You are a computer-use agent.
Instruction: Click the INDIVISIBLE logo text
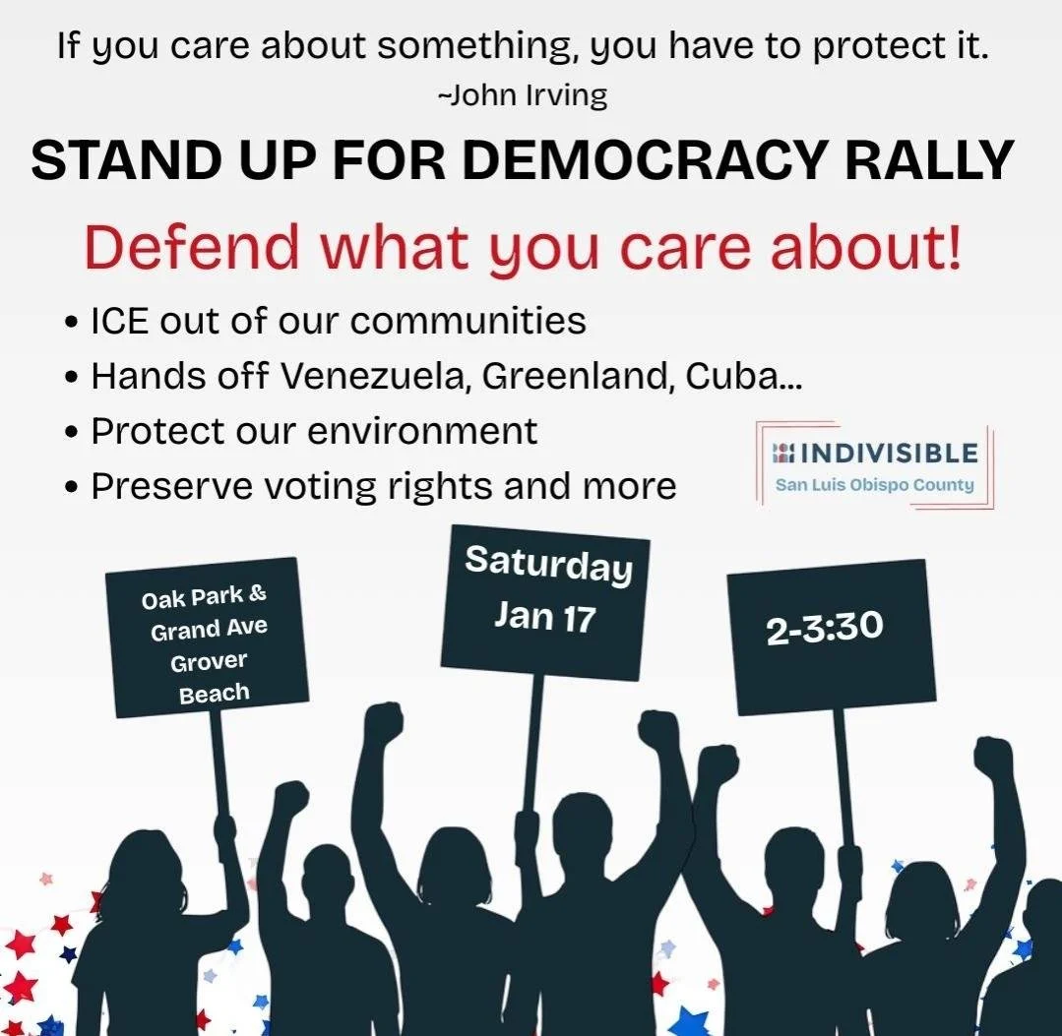887,453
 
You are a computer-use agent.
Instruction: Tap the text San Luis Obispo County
874,484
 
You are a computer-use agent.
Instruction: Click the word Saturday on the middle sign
548,564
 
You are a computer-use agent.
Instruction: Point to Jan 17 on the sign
544,616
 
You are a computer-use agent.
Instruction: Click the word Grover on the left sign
209,661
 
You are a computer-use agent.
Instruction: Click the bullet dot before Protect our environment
71,434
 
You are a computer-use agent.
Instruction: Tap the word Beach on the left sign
214,694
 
